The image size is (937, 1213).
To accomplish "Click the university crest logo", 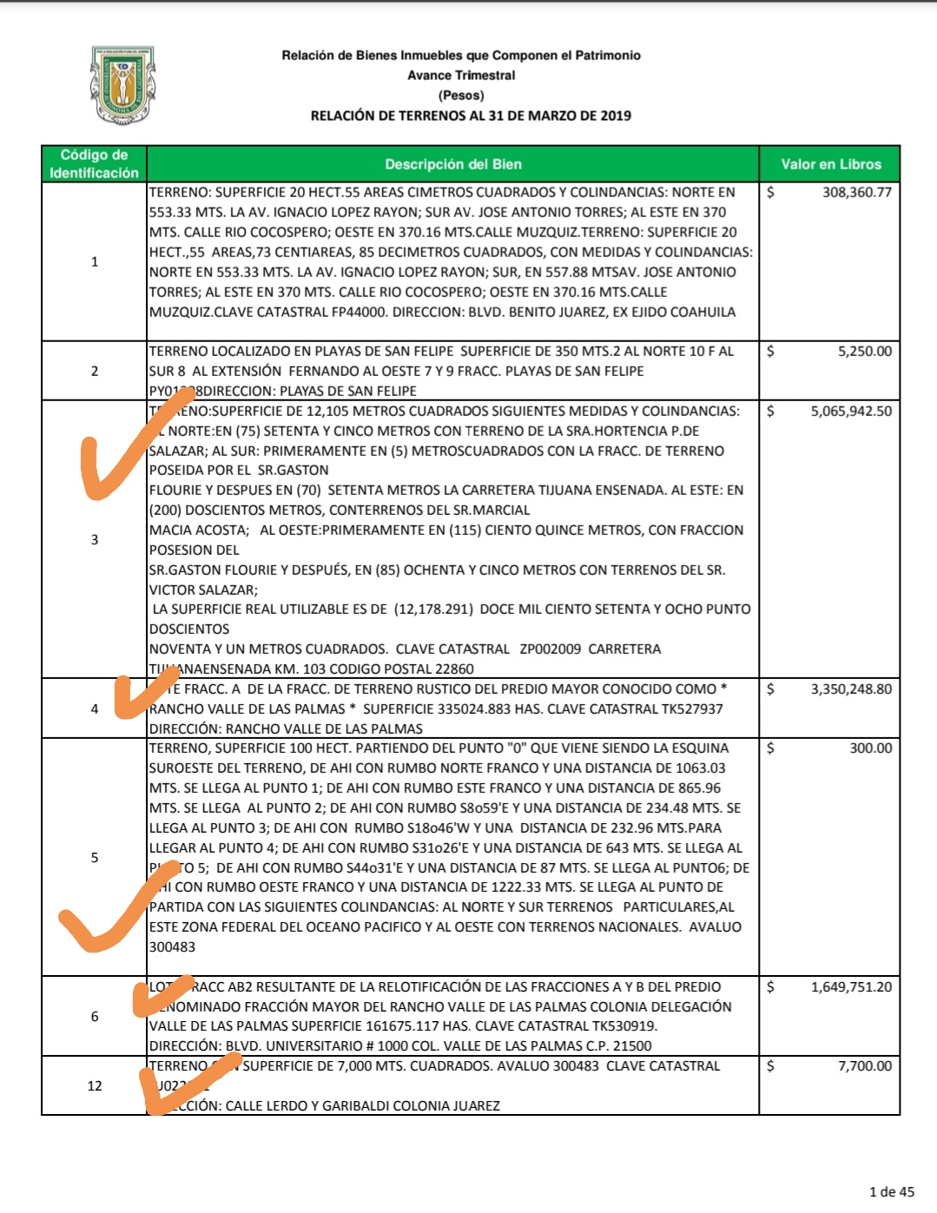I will point(122,85).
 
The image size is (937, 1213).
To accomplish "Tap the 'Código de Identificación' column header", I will point(94,164).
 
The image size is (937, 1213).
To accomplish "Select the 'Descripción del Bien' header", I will point(452,164).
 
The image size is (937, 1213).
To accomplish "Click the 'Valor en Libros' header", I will point(830,164).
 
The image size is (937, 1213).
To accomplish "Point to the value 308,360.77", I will point(856,192).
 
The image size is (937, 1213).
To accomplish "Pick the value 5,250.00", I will point(864,352).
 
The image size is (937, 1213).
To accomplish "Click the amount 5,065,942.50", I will point(851,412).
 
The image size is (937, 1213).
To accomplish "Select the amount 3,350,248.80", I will point(851,689).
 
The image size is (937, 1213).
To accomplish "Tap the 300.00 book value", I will point(870,748).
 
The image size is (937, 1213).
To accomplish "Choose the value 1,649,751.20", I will point(851,987).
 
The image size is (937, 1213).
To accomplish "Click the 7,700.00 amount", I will point(864,1066).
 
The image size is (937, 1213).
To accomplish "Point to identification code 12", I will point(95,1086).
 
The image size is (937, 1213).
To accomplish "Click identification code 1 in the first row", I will point(95,261).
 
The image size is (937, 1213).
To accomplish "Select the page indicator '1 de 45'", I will point(891,1191).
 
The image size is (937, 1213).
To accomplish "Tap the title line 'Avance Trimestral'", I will point(461,76).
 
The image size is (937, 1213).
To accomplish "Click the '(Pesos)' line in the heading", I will point(461,96).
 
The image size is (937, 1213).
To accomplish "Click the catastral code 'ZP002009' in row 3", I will point(550,649).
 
